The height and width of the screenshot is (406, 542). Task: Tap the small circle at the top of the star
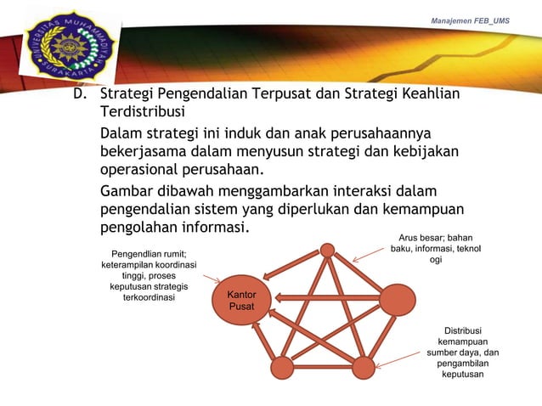point(328,250)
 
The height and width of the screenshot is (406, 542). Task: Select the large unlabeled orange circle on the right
point(397,300)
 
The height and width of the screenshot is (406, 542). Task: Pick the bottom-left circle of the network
point(282,367)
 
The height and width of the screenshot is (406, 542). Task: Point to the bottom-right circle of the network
point(363,367)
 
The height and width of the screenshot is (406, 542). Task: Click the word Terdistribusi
point(140,113)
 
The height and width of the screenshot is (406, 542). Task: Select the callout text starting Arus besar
point(435,248)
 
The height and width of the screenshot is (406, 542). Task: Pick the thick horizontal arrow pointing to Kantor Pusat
point(323,298)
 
